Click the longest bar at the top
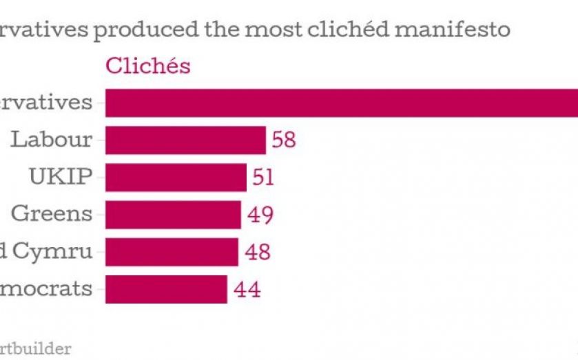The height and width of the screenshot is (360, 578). coord(341,103)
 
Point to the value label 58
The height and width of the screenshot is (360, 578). coord(284,140)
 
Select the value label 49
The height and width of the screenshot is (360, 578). coord(260,215)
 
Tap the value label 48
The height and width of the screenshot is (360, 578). coord(258,252)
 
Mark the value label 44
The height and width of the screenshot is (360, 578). coord(247,289)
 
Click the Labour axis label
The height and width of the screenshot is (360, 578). coord(52,139)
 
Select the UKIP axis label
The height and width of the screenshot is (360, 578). coord(61,176)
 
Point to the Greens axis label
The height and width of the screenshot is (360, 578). coord(52,213)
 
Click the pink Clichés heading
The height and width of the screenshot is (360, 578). coord(147,67)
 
